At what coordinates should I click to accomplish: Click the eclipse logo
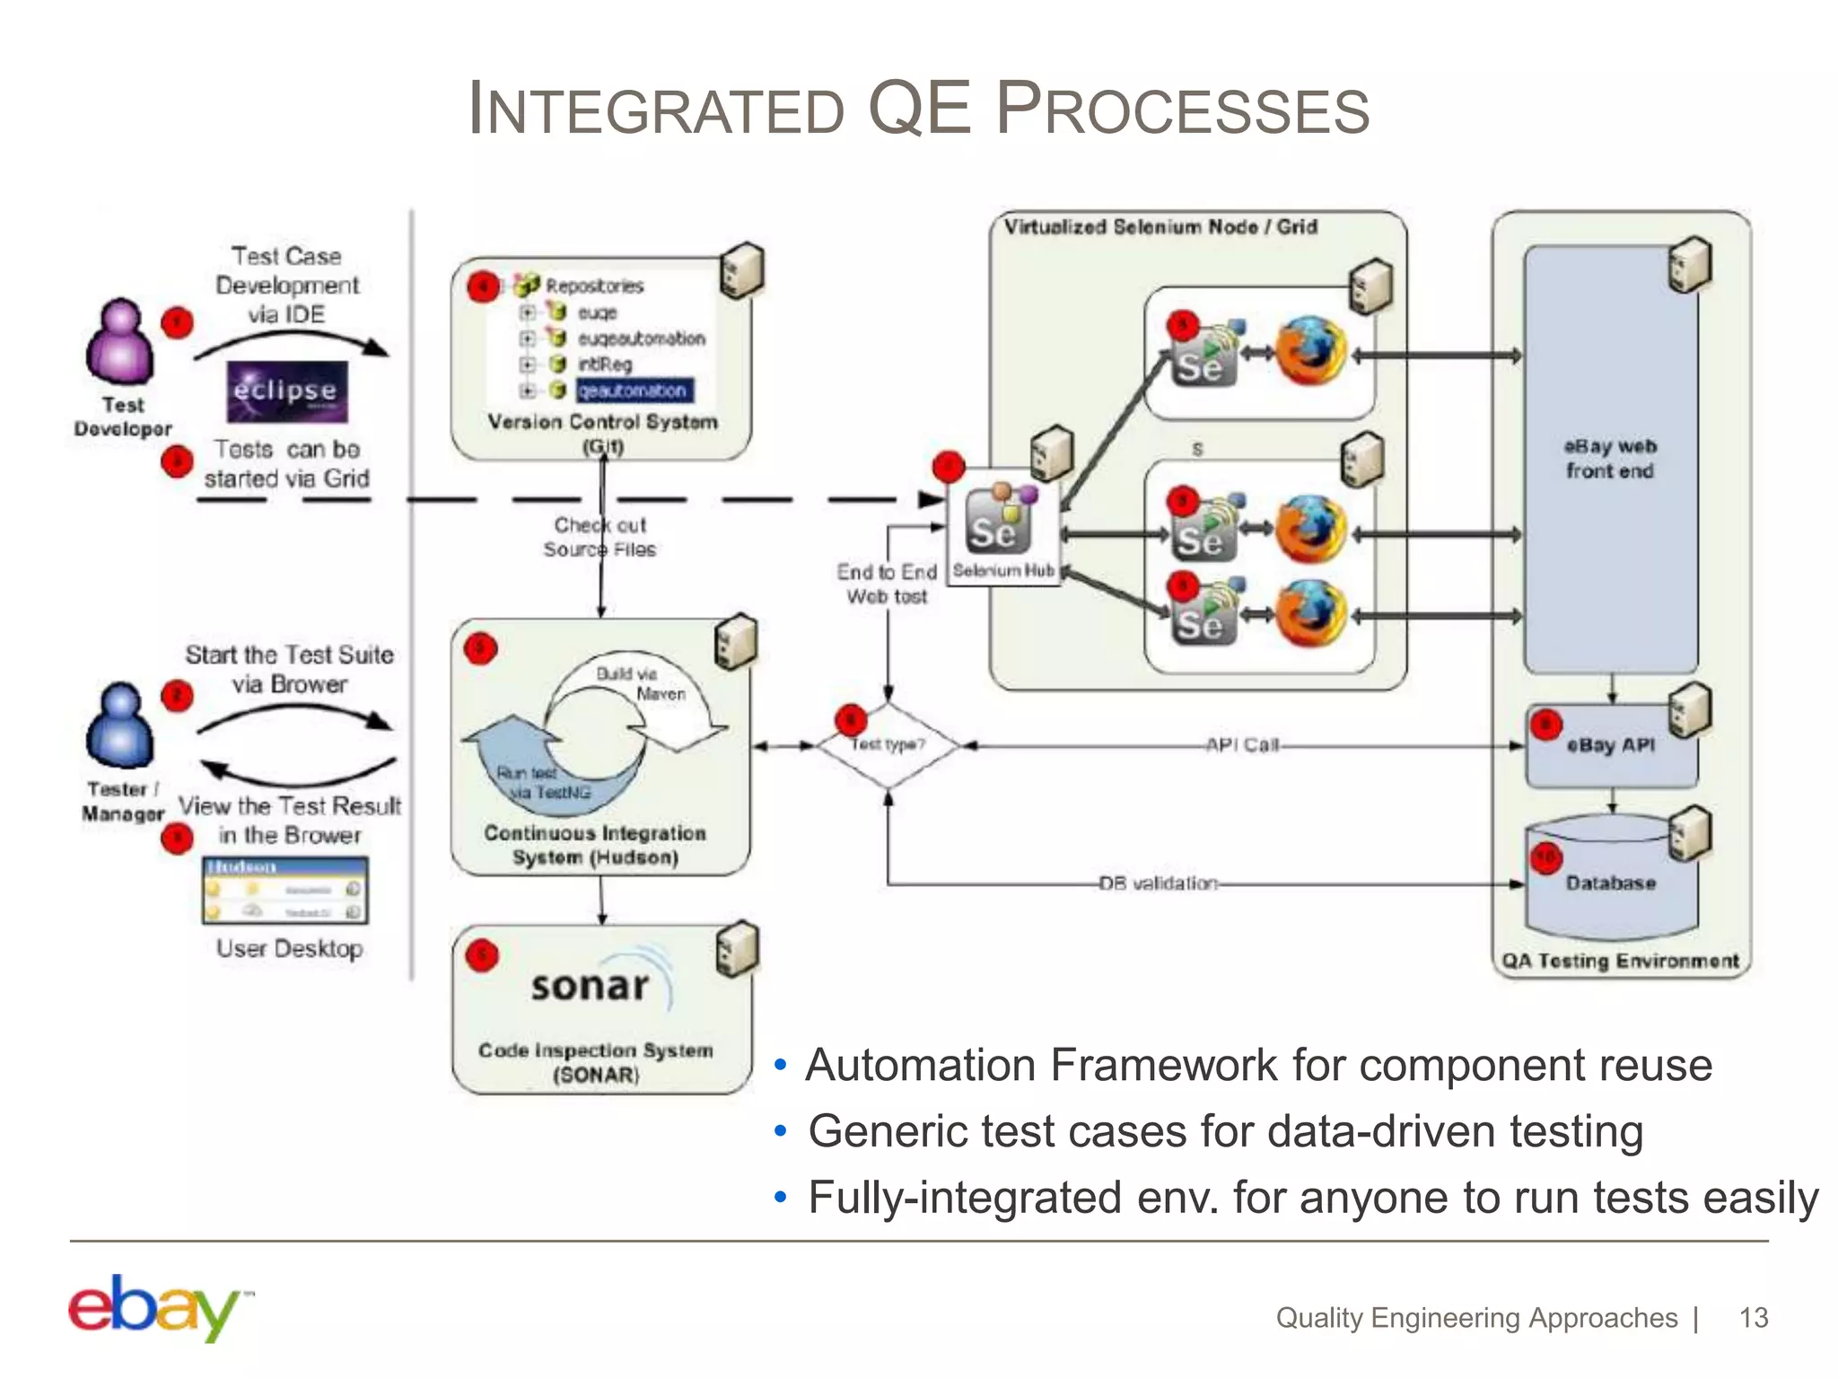click(286, 391)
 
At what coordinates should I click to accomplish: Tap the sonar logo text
click(590, 987)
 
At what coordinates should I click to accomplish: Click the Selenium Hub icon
click(1000, 521)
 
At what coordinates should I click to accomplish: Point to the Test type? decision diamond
click(888, 744)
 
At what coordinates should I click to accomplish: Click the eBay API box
click(1611, 745)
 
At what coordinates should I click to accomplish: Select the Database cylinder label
click(1611, 883)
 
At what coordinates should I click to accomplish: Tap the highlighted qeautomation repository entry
click(633, 391)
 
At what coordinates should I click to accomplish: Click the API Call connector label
click(1242, 745)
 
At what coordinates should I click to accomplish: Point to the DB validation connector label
click(1159, 883)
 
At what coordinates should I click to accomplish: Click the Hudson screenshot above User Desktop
click(285, 891)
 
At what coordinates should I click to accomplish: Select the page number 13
click(1753, 1318)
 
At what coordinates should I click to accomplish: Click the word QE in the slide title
click(920, 108)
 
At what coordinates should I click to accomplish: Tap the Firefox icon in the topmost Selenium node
click(1310, 351)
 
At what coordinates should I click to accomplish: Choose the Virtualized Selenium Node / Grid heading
click(1160, 227)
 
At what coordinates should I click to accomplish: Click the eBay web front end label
click(1610, 459)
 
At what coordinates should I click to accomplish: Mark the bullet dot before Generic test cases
click(781, 1132)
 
